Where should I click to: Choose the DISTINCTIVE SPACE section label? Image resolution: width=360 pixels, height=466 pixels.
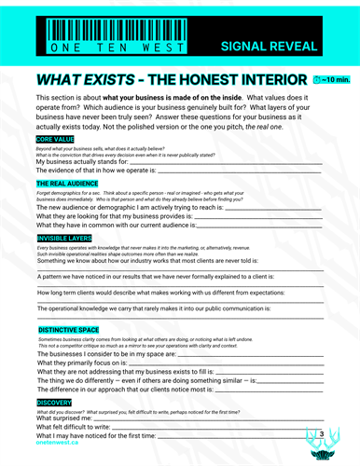point(71,330)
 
